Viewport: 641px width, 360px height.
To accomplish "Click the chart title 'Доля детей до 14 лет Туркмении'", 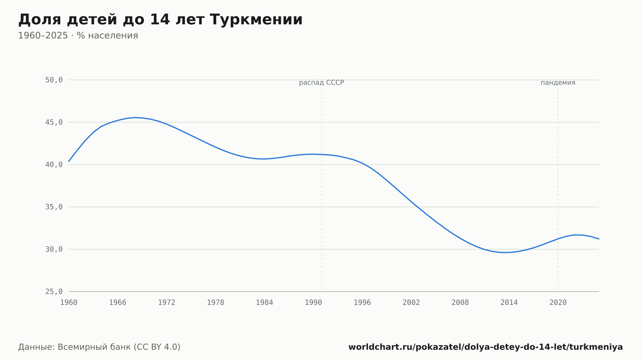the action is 160,20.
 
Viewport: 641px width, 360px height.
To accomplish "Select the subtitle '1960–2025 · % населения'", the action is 78,36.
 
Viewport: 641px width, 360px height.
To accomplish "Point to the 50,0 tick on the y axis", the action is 54,80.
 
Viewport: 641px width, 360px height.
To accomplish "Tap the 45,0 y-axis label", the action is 54,122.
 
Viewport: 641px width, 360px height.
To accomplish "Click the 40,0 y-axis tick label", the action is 54,165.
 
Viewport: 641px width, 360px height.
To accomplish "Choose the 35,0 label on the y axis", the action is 54,207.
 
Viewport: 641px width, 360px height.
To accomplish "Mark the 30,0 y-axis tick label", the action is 54,249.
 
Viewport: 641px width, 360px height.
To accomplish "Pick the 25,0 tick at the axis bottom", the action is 54,291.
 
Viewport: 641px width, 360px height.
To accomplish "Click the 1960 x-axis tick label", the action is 69,303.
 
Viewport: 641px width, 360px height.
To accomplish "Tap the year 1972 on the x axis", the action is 167,303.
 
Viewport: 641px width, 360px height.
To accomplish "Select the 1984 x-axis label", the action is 264,303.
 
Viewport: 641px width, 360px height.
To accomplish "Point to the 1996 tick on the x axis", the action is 362,303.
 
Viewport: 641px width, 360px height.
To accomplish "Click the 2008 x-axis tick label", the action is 460,303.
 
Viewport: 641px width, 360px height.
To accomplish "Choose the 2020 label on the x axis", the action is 558,303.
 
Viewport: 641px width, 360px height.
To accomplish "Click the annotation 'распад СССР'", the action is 321,83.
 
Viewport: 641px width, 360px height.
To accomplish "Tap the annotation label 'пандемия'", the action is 558,83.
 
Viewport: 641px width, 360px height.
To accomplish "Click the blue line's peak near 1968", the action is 134,118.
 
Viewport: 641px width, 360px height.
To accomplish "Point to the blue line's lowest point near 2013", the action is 505,252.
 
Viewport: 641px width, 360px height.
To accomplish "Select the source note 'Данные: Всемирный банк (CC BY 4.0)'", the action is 99,347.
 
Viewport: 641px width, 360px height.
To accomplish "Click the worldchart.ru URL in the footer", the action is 486,347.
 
